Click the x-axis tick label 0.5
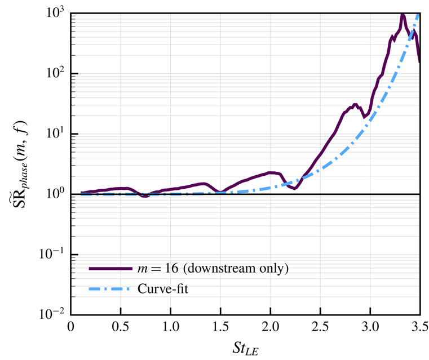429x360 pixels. click(120, 327)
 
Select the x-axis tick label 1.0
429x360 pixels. click(170, 327)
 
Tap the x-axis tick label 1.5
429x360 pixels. click(220, 327)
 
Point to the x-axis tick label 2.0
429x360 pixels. click(270, 327)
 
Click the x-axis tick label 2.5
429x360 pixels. click(320, 327)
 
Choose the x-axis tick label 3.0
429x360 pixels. click(370, 327)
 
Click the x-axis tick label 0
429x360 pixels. click(70, 327)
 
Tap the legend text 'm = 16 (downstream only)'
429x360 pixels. click(213, 268)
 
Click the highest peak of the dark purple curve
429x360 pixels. click(403, 15)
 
